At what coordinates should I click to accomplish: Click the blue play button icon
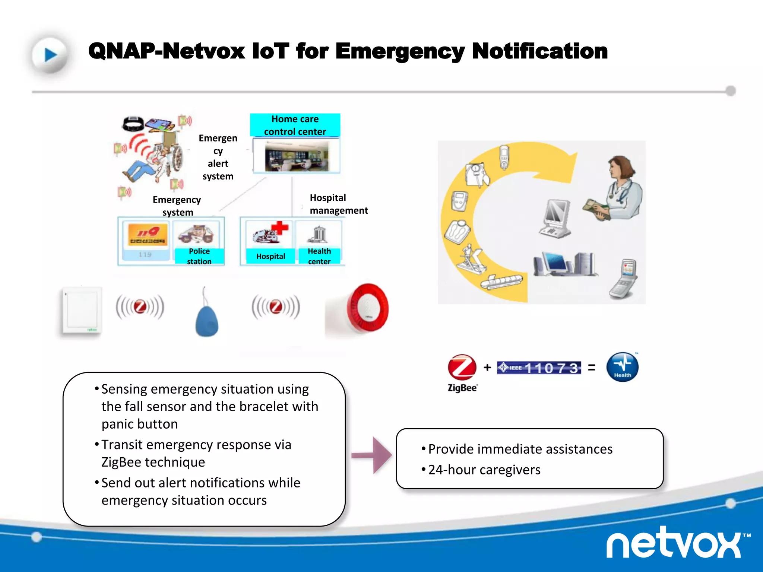click(x=50, y=55)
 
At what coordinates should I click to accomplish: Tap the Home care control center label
click(x=295, y=125)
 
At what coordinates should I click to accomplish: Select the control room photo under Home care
click(x=297, y=156)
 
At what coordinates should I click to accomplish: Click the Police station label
click(x=199, y=256)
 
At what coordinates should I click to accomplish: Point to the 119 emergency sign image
click(x=148, y=235)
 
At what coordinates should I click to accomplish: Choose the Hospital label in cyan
click(x=270, y=256)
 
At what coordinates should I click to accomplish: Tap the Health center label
click(x=319, y=256)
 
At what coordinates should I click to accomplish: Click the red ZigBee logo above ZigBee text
click(x=462, y=367)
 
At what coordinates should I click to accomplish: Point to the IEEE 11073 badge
click(x=539, y=368)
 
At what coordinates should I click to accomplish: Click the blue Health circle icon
click(x=622, y=367)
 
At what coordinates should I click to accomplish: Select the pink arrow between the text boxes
click(x=373, y=455)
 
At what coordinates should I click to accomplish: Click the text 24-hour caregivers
click(x=484, y=470)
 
